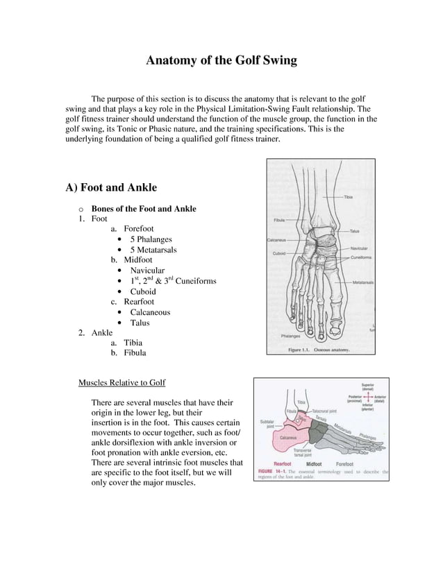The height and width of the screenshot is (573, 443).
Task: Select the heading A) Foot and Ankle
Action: [111, 187]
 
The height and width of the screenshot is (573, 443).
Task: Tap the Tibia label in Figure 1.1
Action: [351, 197]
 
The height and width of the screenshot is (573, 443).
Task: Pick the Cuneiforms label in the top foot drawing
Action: [361, 257]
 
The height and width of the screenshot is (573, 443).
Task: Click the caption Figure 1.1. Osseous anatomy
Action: [319, 350]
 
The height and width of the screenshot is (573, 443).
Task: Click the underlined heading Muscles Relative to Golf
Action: [122, 382]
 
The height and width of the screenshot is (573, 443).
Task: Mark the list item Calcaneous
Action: [149, 312]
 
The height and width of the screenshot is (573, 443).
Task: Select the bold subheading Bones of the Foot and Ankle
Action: [144, 209]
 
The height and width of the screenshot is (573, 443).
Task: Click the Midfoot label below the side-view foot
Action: [314, 465]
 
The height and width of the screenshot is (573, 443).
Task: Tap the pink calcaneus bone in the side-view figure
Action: [288, 438]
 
